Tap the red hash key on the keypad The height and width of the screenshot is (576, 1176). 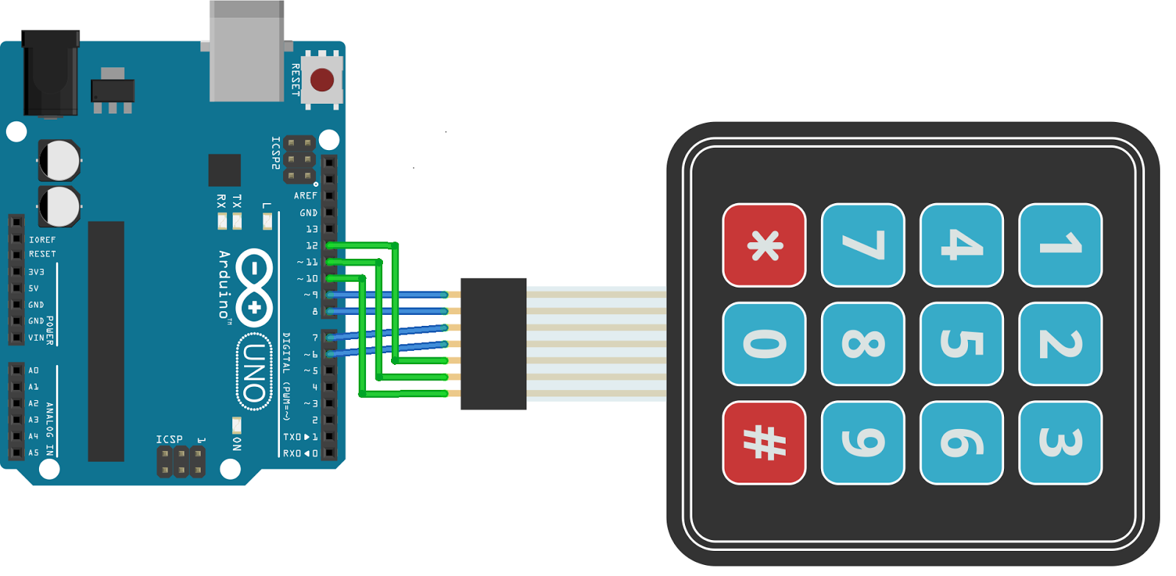pyautogui.click(x=764, y=443)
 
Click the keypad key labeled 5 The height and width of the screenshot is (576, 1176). pyautogui.click(x=961, y=344)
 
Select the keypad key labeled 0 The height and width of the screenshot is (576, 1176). pyautogui.click(x=764, y=344)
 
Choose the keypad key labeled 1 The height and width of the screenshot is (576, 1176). pyautogui.click(x=1060, y=245)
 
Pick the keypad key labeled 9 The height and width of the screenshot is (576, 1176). pyautogui.click(x=863, y=443)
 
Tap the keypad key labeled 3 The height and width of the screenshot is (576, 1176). pyautogui.click(x=1060, y=443)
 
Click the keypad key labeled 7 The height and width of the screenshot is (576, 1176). pyautogui.click(x=863, y=245)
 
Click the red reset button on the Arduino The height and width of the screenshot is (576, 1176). pyautogui.click(x=322, y=80)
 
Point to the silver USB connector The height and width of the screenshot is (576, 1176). pyautogui.click(x=247, y=51)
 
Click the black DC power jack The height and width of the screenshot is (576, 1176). pyautogui.click(x=51, y=73)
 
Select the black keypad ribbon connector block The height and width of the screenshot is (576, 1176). pyautogui.click(x=493, y=344)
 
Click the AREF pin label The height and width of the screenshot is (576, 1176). pyautogui.click(x=305, y=196)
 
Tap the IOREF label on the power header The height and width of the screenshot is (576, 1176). pyautogui.click(x=42, y=240)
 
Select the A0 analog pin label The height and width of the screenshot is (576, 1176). pyautogui.click(x=34, y=371)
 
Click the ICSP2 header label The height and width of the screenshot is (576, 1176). pyautogui.click(x=276, y=153)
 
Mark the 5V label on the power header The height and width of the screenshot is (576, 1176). pyautogui.click(x=34, y=288)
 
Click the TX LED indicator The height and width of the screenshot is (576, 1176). pyautogui.click(x=237, y=221)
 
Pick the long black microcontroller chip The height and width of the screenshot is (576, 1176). pyautogui.click(x=106, y=341)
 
